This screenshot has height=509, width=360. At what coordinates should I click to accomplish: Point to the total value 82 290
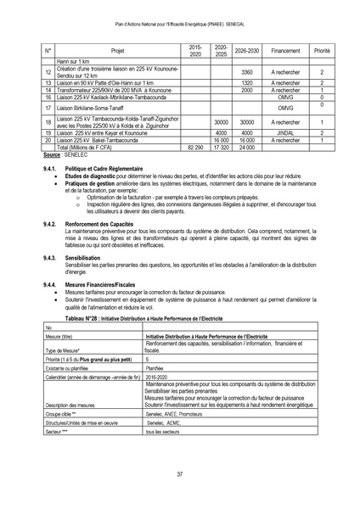[194, 147]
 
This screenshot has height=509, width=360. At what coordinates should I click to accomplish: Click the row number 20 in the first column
[48, 140]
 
